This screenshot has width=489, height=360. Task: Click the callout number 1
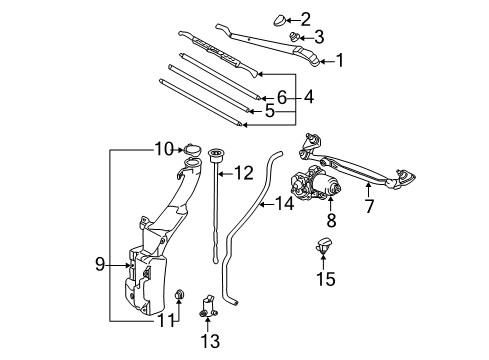click(x=339, y=60)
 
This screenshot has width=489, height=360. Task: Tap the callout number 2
click(x=306, y=17)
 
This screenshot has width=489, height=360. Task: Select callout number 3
click(x=319, y=37)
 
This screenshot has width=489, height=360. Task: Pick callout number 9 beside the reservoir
click(x=100, y=264)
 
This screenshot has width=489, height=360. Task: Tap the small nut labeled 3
click(x=295, y=37)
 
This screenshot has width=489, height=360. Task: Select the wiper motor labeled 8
click(x=316, y=185)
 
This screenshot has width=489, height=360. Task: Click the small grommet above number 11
click(x=179, y=294)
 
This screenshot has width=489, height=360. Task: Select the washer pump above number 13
click(x=210, y=305)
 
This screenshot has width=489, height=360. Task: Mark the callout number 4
click(x=309, y=97)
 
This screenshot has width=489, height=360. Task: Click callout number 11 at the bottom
click(x=163, y=321)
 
